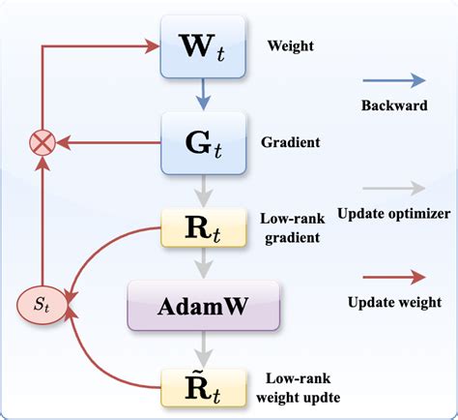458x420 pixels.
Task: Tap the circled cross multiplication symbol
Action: click(x=42, y=143)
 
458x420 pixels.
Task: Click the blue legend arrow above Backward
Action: click(x=393, y=81)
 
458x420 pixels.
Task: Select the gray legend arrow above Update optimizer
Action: click(x=393, y=189)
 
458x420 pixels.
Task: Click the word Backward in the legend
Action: click(x=393, y=105)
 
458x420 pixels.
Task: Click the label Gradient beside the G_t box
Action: click(x=291, y=141)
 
